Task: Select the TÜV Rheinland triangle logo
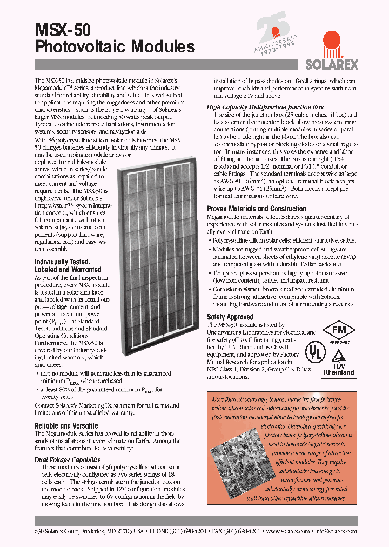click(x=339, y=357)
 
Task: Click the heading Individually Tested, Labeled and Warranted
click(x=68, y=265)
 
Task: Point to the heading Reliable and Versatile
click(x=66, y=425)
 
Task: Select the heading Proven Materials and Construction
click(x=257, y=209)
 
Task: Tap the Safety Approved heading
click(x=230, y=317)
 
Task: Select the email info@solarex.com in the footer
click(x=338, y=531)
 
